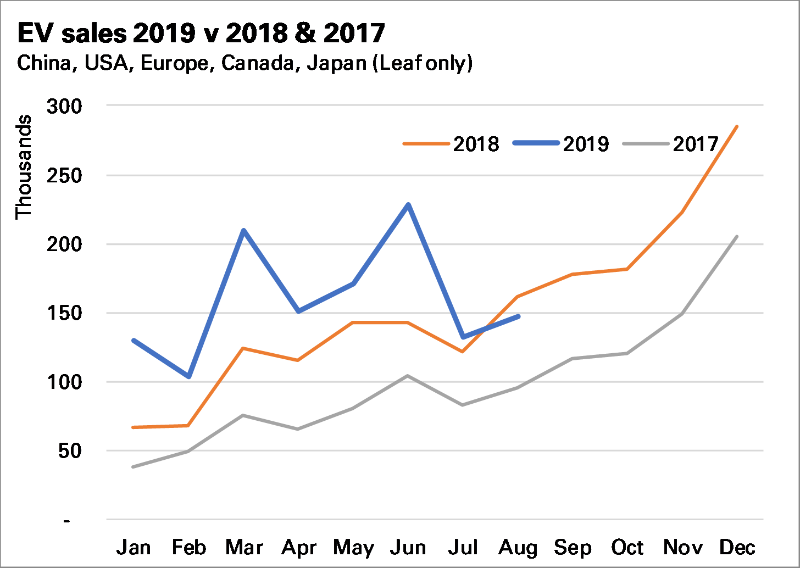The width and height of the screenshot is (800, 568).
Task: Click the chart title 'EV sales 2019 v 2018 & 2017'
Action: [x=201, y=33]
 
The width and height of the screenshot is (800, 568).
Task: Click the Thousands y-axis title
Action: [x=24, y=167]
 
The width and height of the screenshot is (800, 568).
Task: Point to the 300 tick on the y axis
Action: [x=64, y=106]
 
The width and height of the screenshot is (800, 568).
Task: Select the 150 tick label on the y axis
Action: [x=64, y=313]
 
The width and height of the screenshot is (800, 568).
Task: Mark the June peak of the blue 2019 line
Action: [x=408, y=205]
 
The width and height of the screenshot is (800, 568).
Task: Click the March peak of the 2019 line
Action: [x=243, y=230]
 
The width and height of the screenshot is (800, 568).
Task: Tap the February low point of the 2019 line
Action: [x=188, y=376]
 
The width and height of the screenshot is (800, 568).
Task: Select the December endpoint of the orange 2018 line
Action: [x=737, y=126]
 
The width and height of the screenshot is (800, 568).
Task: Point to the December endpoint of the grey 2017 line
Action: [x=737, y=237]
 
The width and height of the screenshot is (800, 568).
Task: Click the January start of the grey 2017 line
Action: [x=134, y=467]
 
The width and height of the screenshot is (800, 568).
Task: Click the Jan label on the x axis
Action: [x=134, y=548]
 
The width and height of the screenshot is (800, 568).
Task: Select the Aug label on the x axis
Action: [x=518, y=548]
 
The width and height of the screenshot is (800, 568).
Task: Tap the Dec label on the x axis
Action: [x=737, y=548]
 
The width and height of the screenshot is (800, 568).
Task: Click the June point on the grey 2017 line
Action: [x=408, y=376]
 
